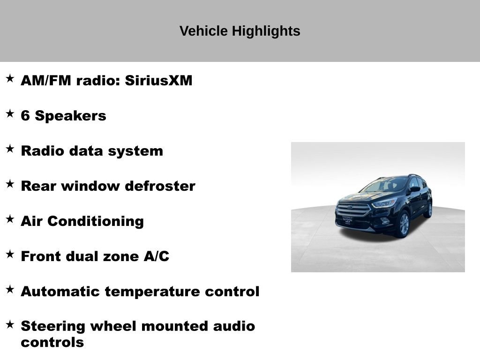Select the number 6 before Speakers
pos(25,116)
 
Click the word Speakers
pos(71,116)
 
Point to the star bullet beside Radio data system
pos(10,149)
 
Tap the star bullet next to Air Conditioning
pos(10,219)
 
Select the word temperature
pos(153,292)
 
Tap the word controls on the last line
pos(52,342)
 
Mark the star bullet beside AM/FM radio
pos(10,79)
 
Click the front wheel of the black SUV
pos(404,225)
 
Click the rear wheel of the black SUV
pos(428,210)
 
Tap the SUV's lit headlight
pos(384,202)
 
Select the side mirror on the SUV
pos(414,189)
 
